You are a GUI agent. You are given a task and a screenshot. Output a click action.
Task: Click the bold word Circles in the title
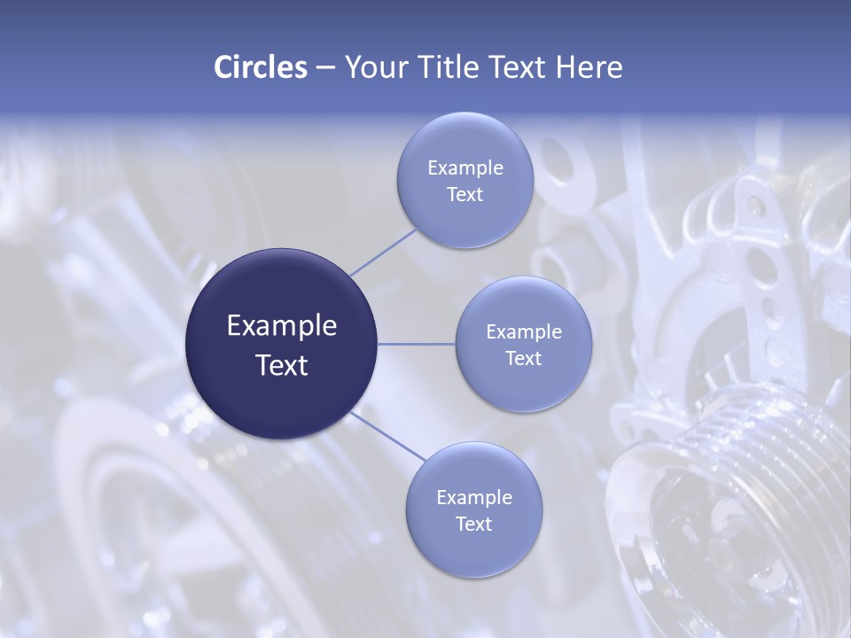[261, 67]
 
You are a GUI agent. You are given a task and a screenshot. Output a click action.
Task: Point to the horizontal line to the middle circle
[417, 344]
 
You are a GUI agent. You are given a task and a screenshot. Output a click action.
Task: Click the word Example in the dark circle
[282, 326]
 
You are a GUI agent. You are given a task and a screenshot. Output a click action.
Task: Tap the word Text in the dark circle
[282, 365]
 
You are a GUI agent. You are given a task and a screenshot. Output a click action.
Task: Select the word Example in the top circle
[465, 168]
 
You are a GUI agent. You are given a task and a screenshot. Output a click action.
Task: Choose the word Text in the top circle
[465, 195]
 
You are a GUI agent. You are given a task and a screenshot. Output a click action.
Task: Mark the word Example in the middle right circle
[524, 332]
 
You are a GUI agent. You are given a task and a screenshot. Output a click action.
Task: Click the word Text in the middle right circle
[523, 358]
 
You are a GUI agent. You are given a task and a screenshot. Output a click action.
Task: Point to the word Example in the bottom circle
[474, 498]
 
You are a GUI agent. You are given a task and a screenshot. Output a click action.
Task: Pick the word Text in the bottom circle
[473, 524]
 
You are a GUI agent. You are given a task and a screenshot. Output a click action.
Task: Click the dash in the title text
[325, 68]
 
